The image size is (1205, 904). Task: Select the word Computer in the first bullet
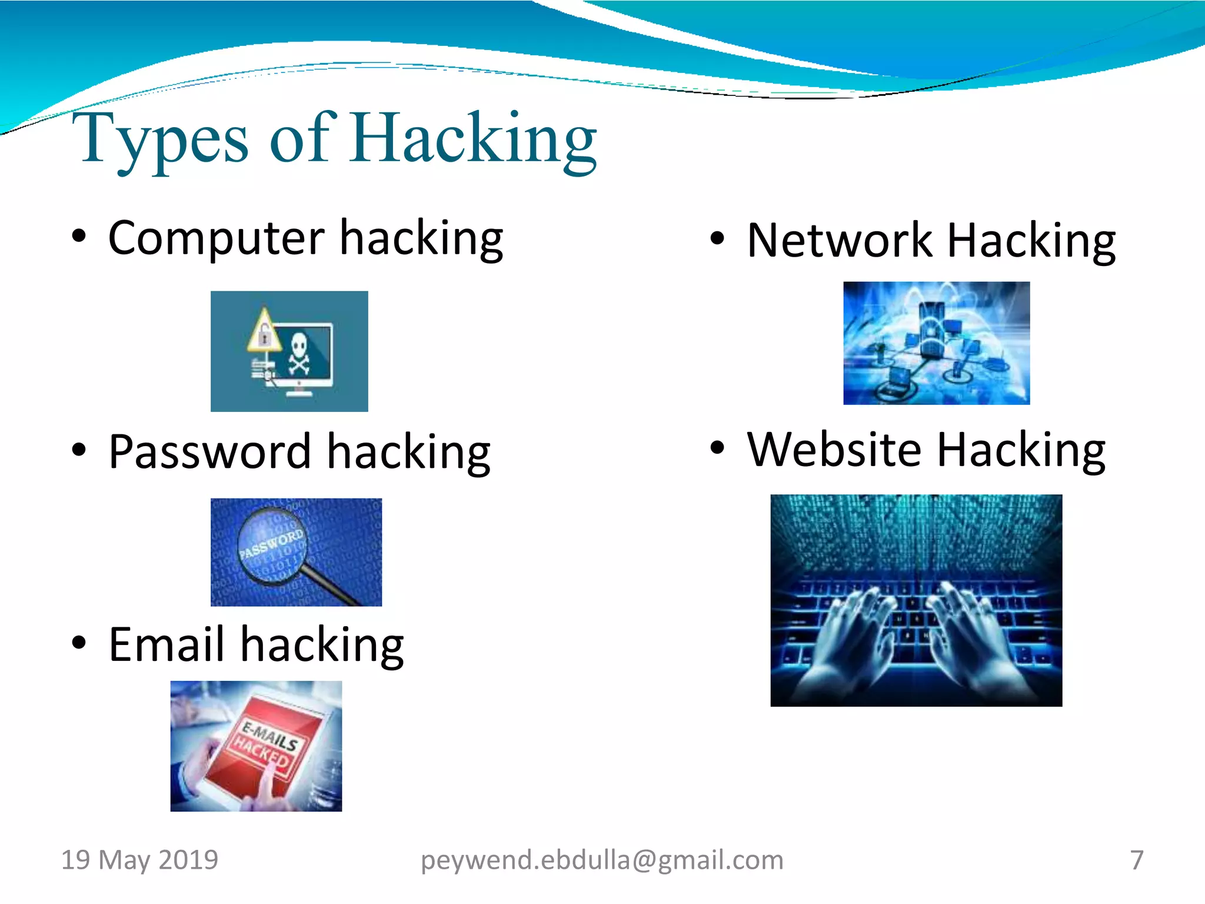coord(216,238)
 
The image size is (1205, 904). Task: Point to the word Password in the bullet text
coord(209,452)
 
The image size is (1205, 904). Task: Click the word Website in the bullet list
coord(834,450)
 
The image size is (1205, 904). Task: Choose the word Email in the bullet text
coord(167,644)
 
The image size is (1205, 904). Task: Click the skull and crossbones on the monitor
coord(299,353)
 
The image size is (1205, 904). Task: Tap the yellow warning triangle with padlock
coord(264,331)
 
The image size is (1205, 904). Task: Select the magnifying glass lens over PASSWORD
coord(272,545)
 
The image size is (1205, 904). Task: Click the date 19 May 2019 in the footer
coord(139,860)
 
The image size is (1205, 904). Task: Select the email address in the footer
coord(602,860)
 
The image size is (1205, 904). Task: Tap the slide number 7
coord(1137,860)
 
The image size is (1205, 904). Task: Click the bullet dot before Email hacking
coord(79,643)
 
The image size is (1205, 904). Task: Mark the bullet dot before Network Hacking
coord(717,238)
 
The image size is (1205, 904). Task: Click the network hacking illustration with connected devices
coord(936,343)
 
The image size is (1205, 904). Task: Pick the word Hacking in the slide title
coord(474,140)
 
